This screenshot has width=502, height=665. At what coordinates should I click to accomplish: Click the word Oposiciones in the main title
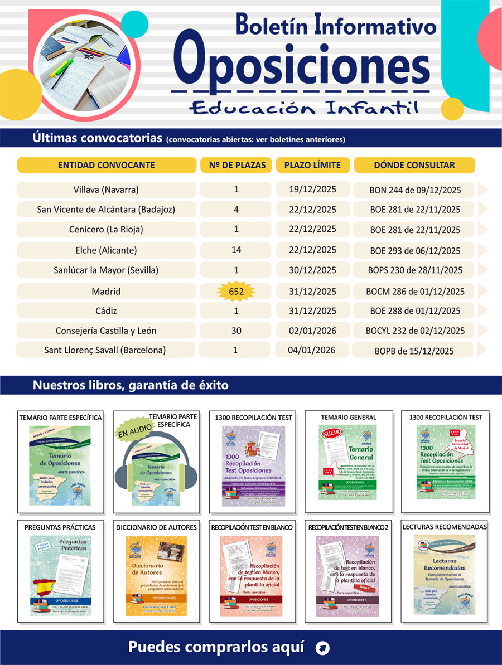[301, 63]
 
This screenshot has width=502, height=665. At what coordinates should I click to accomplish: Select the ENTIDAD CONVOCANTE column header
[107, 165]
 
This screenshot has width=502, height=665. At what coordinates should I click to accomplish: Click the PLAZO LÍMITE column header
[312, 165]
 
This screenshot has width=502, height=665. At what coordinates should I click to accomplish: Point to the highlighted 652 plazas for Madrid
[236, 291]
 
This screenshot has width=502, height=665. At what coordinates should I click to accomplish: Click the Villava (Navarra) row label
[106, 190]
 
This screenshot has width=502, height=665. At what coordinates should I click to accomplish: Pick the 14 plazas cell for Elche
[236, 250]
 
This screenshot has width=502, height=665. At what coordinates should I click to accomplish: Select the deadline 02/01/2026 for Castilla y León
[312, 331]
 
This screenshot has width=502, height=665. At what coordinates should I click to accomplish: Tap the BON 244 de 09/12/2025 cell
[415, 190]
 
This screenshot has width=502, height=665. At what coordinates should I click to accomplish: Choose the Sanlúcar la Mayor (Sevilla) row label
[106, 270]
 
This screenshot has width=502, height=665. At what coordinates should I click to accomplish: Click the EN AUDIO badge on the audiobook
[130, 430]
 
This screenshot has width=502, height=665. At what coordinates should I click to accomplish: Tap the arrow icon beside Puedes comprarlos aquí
[322, 648]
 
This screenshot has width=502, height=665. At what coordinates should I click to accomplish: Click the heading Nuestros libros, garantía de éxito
[131, 385]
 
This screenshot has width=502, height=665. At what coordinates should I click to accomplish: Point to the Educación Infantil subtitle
[303, 107]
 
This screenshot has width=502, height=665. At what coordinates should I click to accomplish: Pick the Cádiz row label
[106, 310]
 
